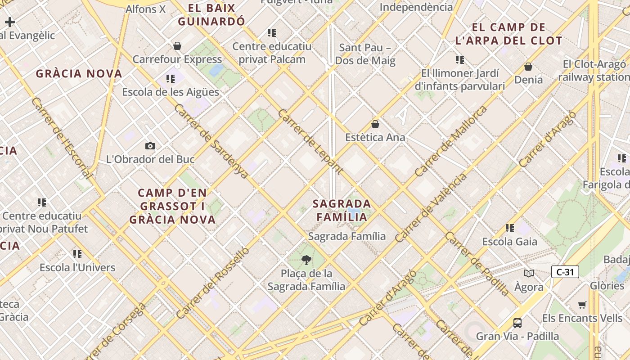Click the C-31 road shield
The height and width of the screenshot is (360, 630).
[565, 272]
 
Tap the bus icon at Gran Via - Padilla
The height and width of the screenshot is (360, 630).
[517, 323]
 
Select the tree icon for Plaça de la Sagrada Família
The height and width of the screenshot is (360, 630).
[306, 260]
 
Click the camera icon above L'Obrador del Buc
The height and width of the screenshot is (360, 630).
[150, 146]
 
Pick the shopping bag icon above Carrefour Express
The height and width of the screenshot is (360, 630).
[177, 46]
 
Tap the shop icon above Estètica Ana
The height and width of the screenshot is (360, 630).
[375, 124]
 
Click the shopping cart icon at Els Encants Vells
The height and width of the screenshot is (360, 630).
[582, 305]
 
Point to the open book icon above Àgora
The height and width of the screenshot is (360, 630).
[529, 273]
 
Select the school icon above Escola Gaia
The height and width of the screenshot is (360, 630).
[509, 228]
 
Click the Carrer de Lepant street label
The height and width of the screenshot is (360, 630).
[310, 141]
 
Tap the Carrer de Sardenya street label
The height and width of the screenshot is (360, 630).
[211, 141]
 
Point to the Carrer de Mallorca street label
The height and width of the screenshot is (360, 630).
[451, 141]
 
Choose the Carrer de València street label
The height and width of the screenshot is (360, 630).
[431, 208]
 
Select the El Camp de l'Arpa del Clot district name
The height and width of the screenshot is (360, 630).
[508, 34]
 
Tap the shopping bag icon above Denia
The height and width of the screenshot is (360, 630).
[528, 67]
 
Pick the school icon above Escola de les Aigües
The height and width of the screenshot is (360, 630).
[171, 79]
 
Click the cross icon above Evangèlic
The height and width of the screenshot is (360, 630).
[10, 22]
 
